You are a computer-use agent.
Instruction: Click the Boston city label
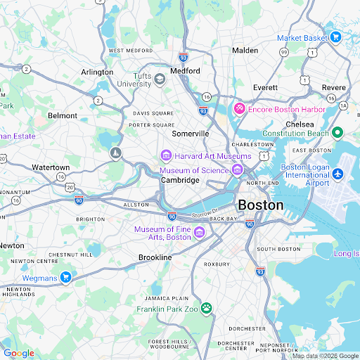[261, 205]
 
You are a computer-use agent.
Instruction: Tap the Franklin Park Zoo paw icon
[206, 308]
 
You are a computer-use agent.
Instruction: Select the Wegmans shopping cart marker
[65, 277]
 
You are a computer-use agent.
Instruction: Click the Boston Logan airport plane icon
[337, 173]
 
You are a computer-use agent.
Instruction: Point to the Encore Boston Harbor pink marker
[239, 109]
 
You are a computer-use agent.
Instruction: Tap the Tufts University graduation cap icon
[160, 79]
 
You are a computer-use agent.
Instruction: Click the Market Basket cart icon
[335, 37]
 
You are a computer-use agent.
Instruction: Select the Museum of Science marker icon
[238, 169]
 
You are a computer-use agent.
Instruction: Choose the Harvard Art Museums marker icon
[166, 155]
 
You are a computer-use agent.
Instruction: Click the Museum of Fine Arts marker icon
[199, 233]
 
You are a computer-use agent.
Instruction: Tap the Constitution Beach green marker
[337, 133]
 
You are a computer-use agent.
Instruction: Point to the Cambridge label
[180, 181]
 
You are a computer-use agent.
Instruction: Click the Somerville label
[191, 134]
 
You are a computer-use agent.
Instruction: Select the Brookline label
[155, 258]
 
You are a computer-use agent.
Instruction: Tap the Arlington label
[97, 72]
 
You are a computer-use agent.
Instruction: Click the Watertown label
[51, 167]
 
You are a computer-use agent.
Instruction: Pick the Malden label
[245, 51]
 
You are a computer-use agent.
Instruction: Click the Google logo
[18, 353]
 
